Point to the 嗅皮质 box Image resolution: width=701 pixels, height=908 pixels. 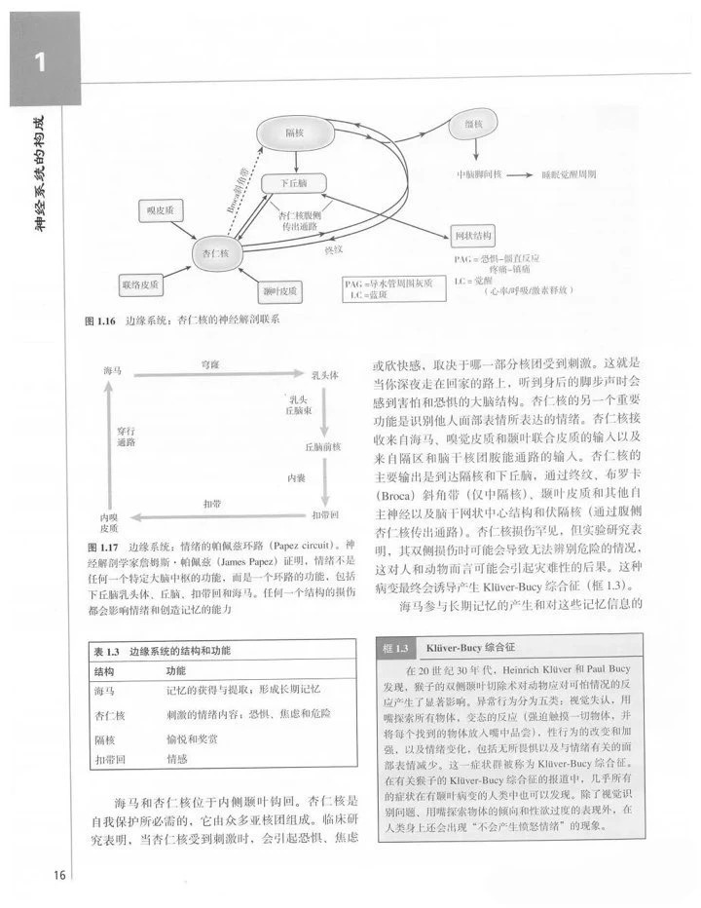[160, 209]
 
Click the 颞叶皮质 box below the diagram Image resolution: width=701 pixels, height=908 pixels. [279, 290]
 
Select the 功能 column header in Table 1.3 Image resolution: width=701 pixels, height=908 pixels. [175, 671]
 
